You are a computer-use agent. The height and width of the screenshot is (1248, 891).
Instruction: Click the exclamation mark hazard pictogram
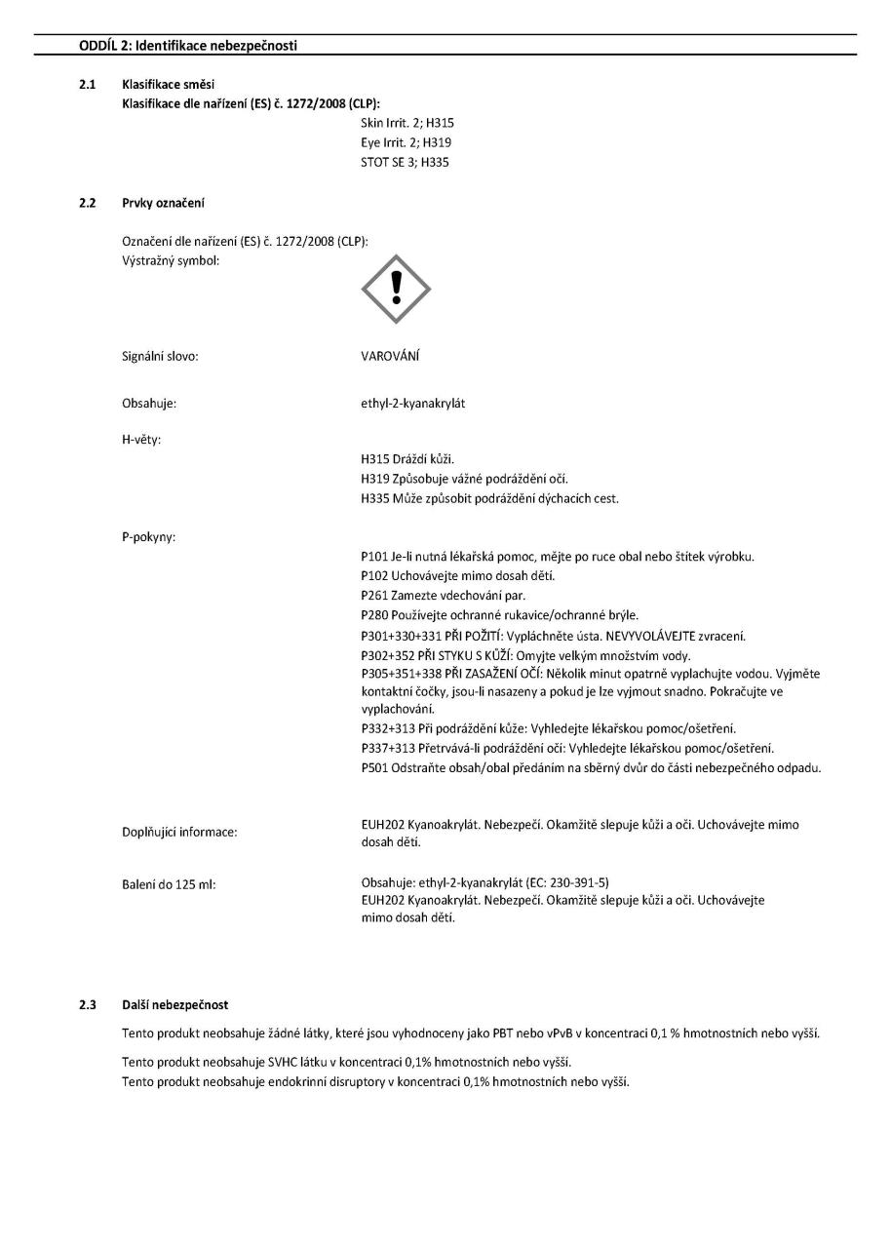[x=396, y=289]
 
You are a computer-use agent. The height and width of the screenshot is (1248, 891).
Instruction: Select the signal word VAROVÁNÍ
[x=390, y=357]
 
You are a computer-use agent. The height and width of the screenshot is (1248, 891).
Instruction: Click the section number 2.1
[x=87, y=86]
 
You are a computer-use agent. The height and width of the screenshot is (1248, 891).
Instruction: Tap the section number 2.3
[x=87, y=1003]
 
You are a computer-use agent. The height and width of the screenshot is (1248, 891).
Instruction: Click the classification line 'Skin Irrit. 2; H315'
[x=407, y=123]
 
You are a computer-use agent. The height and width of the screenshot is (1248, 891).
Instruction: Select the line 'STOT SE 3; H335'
[x=406, y=162]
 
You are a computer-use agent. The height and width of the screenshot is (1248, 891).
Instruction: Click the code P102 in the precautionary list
[x=376, y=575]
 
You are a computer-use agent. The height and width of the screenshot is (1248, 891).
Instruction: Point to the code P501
[x=376, y=767]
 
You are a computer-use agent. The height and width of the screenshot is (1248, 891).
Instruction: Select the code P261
[x=376, y=595]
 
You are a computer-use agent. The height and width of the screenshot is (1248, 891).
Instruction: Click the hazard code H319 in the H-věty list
[x=376, y=478]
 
